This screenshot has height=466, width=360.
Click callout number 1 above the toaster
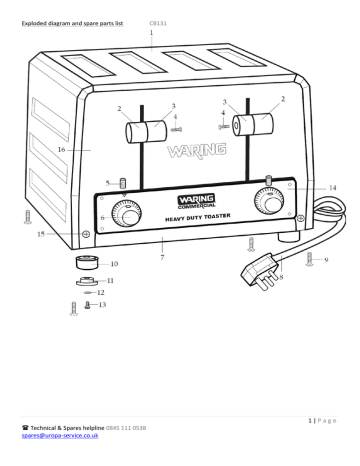(151, 32)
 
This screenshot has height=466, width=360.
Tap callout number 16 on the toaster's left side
(61, 149)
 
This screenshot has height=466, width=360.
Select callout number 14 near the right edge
(332, 187)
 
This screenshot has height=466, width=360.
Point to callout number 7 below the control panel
(162, 258)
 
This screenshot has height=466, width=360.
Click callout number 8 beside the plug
(281, 279)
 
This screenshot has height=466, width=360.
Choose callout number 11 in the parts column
(110, 282)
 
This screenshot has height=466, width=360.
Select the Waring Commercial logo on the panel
(183, 204)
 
